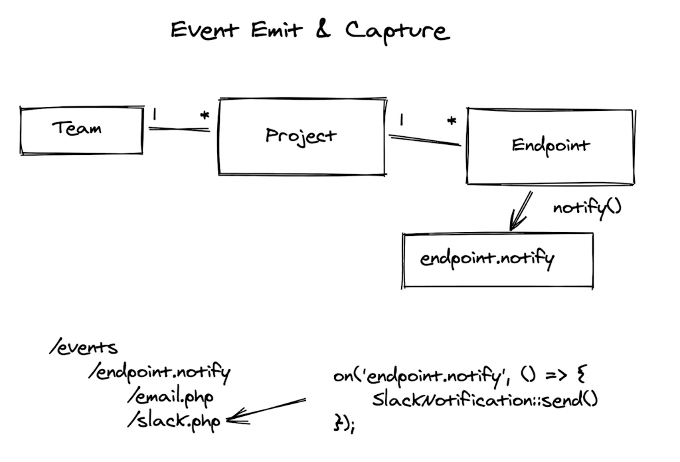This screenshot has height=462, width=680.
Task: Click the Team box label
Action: (77, 128)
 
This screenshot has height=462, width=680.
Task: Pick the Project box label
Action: (301, 136)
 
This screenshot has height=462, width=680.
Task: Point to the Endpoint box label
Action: (551, 146)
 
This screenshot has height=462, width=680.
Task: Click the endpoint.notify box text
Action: (487, 258)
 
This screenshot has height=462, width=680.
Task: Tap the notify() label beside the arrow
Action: (586, 207)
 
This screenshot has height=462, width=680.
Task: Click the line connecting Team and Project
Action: (179, 128)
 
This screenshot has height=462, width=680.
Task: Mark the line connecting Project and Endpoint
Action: (424, 140)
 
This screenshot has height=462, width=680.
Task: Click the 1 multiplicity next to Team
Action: (155, 115)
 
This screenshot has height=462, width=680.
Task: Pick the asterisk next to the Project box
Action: (205, 116)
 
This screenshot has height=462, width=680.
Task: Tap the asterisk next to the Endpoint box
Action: (452, 122)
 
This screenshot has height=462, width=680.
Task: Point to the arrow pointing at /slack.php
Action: (266, 411)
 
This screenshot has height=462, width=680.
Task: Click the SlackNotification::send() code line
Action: (485, 400)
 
